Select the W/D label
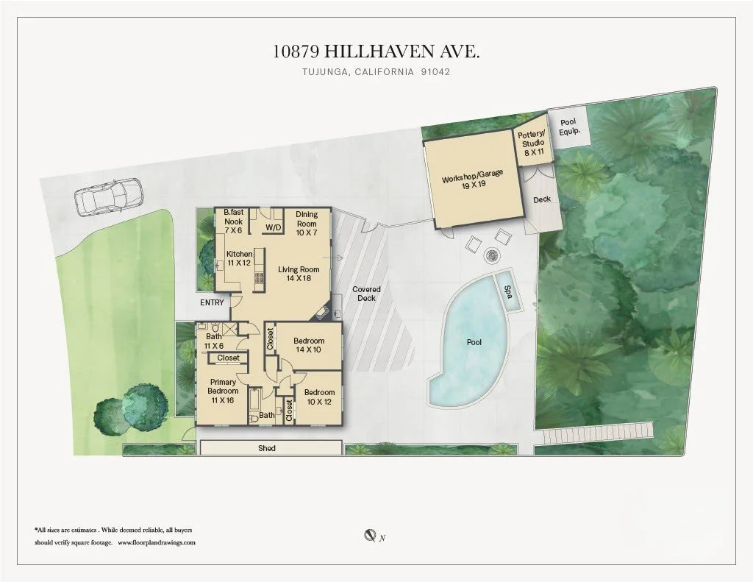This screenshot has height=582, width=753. coord(273,228)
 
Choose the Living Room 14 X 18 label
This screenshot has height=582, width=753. coord(299,274)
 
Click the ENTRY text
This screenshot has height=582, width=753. coord(212,302)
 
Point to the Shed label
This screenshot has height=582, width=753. coord(267,448)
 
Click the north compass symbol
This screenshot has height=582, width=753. coord(371,536)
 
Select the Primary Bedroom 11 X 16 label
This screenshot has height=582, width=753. coord(223,386)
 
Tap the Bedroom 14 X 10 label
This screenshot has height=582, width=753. coord(309,345)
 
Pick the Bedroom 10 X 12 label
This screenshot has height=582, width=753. coord(320,397)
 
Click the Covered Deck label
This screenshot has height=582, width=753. coord(366,294)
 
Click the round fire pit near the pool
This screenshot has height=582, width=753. coord(490,257)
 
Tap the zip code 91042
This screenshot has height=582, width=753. coord(435,72)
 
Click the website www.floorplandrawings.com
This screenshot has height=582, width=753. coord(157,542)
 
